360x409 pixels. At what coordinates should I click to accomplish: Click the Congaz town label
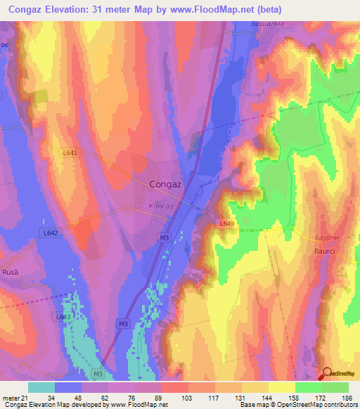pyautogui.click(x=167, y=185)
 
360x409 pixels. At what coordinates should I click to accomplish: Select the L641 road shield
pyautogui.click(x=69, y=152)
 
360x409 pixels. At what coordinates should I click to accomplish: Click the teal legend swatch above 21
pyautogui.click(x=41, y=387)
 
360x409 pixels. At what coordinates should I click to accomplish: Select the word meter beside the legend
pyautogui.click(x=11, y=398)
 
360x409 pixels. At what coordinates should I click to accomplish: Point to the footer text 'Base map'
pyautogui.click(x=252, y=405)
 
